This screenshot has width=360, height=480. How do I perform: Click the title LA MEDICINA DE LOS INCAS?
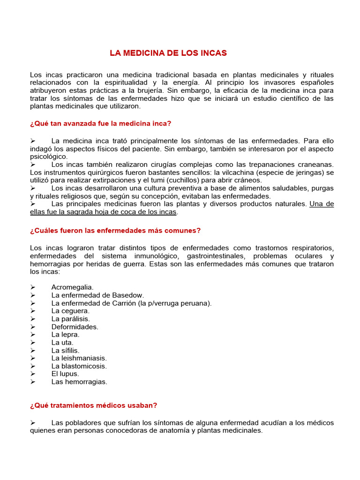tap(168, 53)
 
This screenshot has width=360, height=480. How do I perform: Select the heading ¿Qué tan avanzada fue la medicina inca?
tap(101, 124)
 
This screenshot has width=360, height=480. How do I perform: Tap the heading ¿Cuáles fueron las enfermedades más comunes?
tap(115, 231)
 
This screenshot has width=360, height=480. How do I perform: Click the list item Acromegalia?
tap(72, 287)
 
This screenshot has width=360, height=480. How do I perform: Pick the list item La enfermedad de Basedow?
tap(97, 295)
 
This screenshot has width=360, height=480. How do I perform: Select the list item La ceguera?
tap(70, 311)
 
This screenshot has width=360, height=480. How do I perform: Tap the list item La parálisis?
tap(71, 319)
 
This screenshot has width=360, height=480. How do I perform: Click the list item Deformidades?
tap(75, 327)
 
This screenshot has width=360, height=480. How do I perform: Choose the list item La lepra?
tap(66, 335)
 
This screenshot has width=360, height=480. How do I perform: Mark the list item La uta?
tap(62, 343)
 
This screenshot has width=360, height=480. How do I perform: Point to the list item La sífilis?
tap(66, 350)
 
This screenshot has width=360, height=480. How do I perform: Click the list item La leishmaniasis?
tap(79, 358)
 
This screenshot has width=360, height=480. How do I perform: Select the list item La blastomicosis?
tap(79, 366)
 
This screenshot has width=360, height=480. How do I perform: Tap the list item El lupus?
tap(65, 374)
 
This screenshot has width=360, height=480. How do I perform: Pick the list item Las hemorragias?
tap(79, 382)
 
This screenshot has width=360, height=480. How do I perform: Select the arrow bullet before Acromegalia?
tap(33, 287)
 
